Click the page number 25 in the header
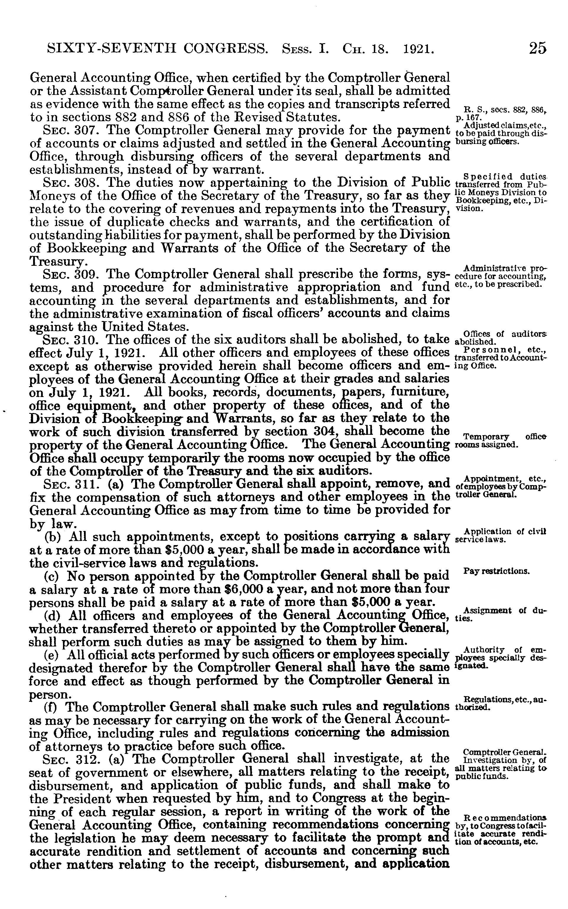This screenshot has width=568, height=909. coord(538,48)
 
